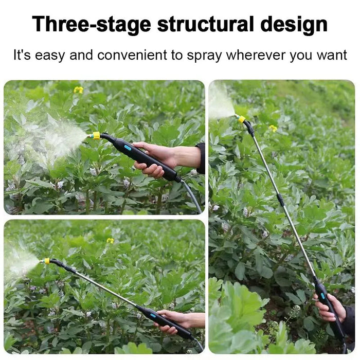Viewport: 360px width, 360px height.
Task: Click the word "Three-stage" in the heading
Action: click(x=92, y=24)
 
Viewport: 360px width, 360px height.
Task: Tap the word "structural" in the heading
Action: click(x=206, y=24)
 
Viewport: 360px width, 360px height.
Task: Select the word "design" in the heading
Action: click(x=294, y=25)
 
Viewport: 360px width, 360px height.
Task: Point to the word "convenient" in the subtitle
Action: click(x=132, y=55)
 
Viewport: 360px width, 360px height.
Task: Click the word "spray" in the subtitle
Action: click(x=204, y=57)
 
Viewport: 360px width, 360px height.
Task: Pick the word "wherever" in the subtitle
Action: click(x=256, y=55)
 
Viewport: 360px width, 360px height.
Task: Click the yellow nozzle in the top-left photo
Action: click(x=96, y=135)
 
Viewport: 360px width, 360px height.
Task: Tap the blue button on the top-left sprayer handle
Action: click(x=128, y=148)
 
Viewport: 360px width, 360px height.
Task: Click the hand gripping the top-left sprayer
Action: click(x=160, y=158)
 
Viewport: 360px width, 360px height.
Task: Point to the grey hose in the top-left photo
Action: click(x=192, y=196)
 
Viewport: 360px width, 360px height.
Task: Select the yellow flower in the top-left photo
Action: click(x=78, y=90)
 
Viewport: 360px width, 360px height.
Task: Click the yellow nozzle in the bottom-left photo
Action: click(x=47, y=261)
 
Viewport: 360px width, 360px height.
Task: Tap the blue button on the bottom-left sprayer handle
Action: click(x=153, y=315)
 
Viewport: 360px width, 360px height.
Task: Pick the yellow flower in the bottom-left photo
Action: click(x=111, y=240)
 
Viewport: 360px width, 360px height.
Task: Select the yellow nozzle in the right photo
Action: click(x=241, y=119)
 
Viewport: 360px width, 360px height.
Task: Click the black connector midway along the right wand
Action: click(x=280, y=199)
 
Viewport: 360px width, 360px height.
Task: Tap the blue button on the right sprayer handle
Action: click(x=323, y=296)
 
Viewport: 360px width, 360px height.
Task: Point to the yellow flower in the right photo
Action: click(x=273, y=128)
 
